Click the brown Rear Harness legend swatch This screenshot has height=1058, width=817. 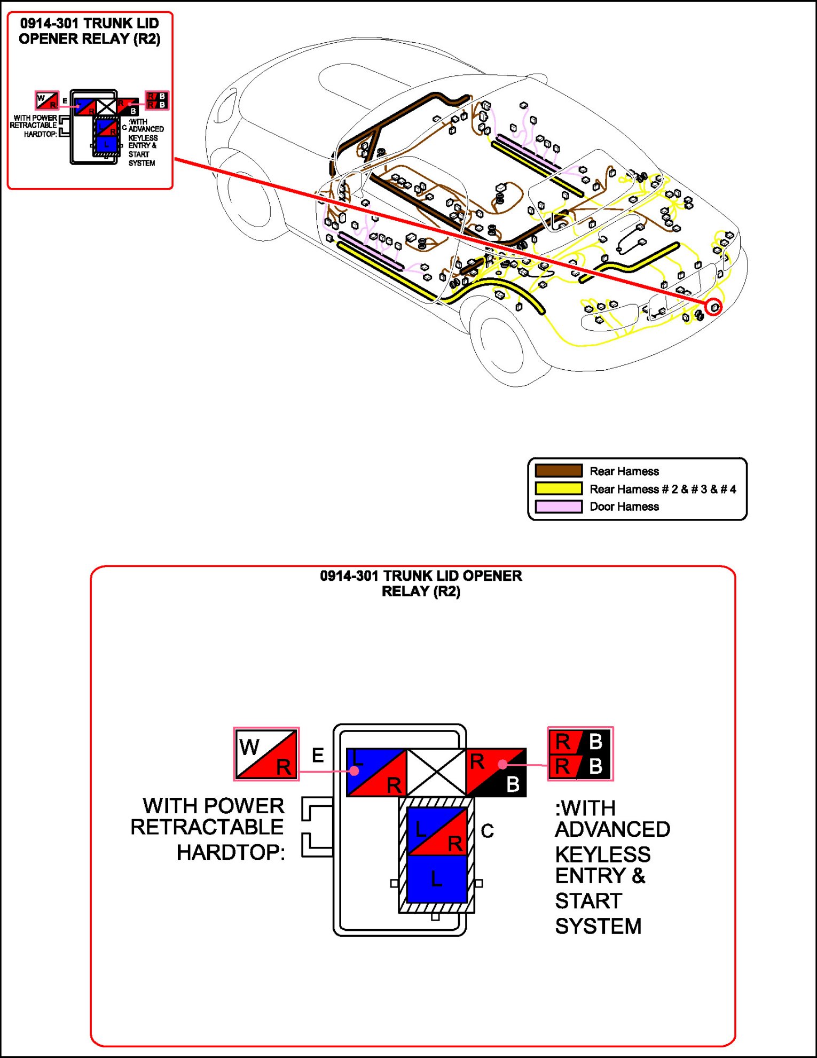click(559, 471)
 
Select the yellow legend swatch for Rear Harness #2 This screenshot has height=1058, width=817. click(559, 488)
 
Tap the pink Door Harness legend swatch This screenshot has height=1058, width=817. click(559, 506)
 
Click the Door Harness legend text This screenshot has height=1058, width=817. click(624, 507)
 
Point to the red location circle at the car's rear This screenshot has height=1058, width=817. click(714, 307)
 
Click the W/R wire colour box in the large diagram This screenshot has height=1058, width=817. click(266, 754)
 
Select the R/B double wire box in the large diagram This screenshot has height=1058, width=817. click(580, 753)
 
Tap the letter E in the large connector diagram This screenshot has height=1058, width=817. click(318, 756)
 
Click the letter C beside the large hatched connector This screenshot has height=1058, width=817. click(487, 831)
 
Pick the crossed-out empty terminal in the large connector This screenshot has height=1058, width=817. click(436, 772)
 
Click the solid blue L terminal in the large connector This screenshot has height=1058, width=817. click(437, 878)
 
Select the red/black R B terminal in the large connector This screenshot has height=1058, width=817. click(496, 772)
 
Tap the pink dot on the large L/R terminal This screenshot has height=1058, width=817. click(354, 771)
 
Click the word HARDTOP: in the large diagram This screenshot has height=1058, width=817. click(231, 852)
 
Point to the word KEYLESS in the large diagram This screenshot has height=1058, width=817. click(603, 854)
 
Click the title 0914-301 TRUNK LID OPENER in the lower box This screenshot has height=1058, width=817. click(421, 576)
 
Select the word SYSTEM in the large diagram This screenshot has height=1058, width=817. click(598, 926)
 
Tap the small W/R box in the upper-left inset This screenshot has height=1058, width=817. click(47, 100)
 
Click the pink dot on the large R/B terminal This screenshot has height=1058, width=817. click(502, 765)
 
